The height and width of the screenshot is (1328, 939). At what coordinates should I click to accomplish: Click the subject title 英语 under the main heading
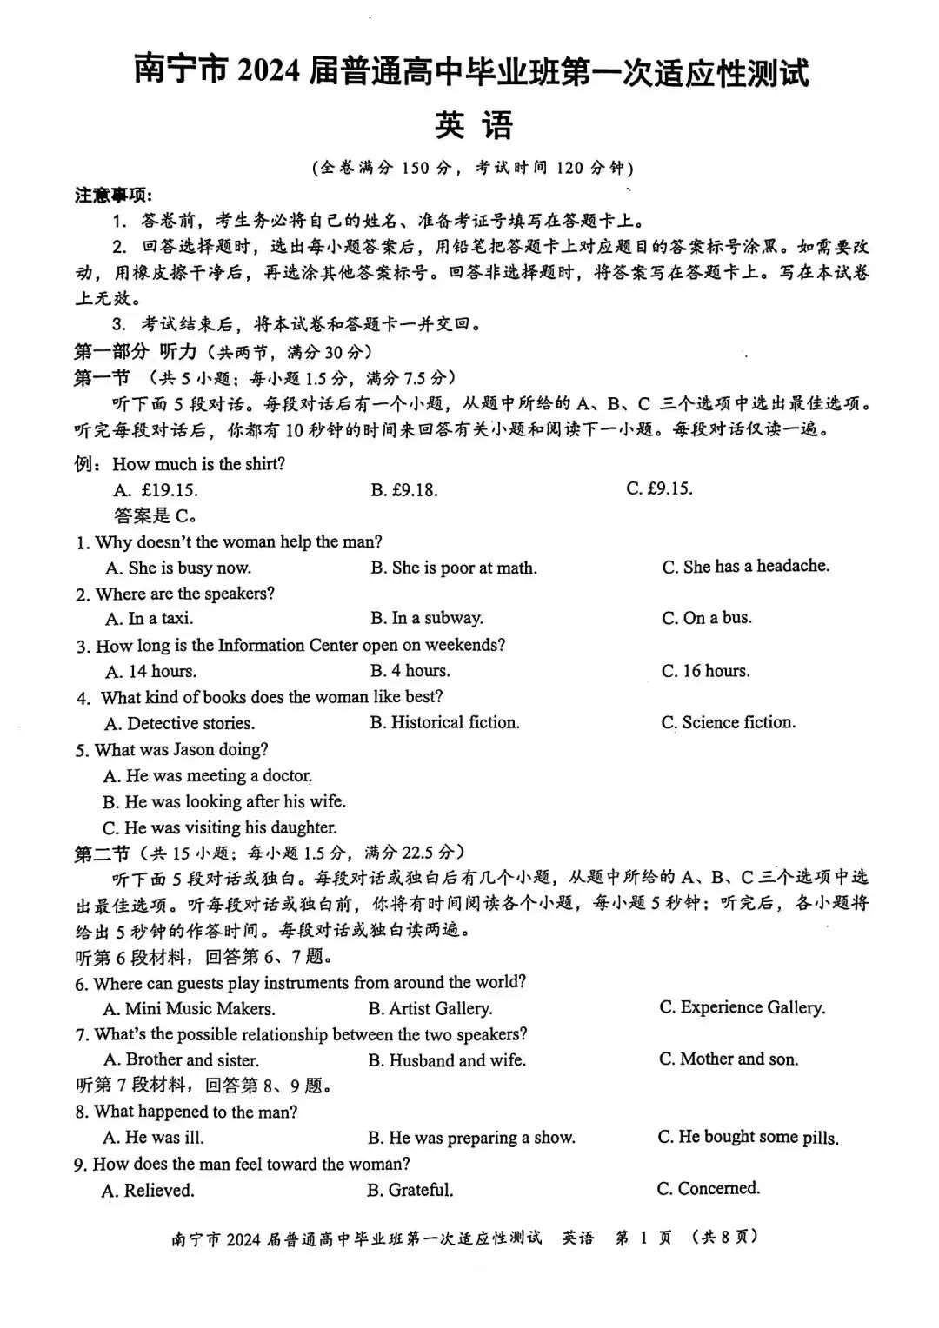pyautogui.click(x=474, y=126)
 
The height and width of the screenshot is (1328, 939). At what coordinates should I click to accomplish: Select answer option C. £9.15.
pyautogui.click(x=659, y=488)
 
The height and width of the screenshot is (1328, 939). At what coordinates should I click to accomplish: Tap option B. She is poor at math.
pyautogui.click(x=453, y=568)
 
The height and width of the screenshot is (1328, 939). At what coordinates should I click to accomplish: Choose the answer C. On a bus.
pyautogui.click(x=706, y=618)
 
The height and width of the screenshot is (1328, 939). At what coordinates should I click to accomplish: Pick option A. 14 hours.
pyautogui.click(x=150, y=671)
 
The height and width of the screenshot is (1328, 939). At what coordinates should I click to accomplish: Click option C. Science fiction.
pyautogui.click(x=728, y=722)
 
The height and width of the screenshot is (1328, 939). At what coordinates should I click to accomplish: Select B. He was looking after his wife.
pyautogui.click(x=223, y=801)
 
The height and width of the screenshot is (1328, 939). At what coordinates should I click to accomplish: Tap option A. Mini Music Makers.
pyautogui.click(x=189, y=1008)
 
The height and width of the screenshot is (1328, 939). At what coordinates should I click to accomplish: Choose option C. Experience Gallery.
pyautogui.click(x=742, y=1007)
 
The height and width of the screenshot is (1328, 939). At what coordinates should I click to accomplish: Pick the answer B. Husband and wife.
pyautogui.click(x=447, y=1060)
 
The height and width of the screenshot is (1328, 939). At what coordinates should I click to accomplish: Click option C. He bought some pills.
pyautogui.click(x=748, y=1138)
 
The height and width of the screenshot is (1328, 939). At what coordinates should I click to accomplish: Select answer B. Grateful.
pyautogui.click(x=410, y=1190)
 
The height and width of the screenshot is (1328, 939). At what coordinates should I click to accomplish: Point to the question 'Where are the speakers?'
pyautogui.click(x=175, y=594)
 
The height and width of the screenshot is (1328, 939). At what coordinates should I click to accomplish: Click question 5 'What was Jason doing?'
pyautogui.click(x=171, y=749)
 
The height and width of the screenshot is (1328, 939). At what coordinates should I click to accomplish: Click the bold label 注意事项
pyautogui.click(x=112, y=196)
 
